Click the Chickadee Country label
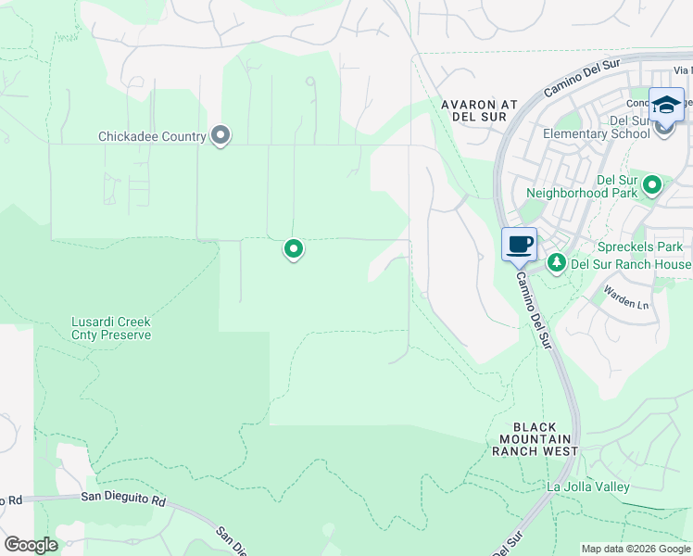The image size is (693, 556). (152, 137)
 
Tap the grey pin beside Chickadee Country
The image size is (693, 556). (220, 136)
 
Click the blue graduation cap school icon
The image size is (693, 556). (666, 105)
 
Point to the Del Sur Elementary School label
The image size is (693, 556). (596, 127)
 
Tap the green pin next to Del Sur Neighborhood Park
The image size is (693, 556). (652, 186)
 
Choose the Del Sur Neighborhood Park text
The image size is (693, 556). (581, 186)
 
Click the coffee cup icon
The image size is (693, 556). (520, 245)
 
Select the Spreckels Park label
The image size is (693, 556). (640, 247)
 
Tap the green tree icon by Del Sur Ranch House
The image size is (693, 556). (556, 263)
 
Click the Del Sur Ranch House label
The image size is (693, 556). (631, 263)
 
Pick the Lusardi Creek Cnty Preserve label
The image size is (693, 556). (111, 328)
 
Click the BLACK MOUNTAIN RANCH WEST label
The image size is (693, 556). (537, 438)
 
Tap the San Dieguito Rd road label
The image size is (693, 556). (122, 499)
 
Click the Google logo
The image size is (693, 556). (31, 545)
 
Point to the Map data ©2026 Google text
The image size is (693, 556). (636, 549)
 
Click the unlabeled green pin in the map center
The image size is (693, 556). (294, 248)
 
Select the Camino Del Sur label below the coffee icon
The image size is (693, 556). (535, 309)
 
